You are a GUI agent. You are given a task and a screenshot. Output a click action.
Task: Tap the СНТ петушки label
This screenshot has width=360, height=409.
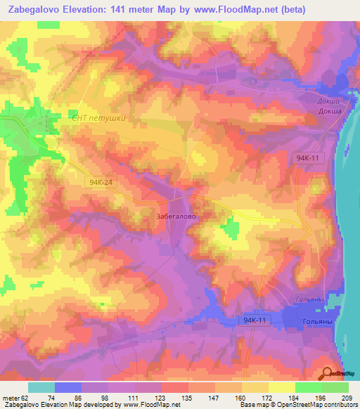[x=98, y=118]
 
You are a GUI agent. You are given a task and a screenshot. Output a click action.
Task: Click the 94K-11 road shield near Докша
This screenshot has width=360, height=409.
[x=308, y=159]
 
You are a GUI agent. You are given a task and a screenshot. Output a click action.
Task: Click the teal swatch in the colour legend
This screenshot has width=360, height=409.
[x=41, y=387]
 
